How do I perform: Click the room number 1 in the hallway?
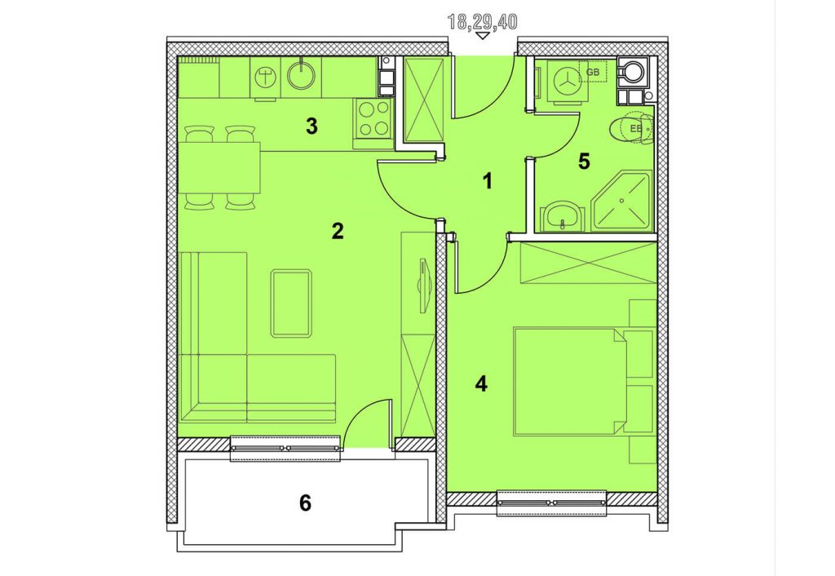click(487, 182)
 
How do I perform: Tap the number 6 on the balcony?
click(305, 503)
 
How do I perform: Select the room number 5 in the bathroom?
click(584, 162)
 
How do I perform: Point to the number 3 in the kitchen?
click(311, 126)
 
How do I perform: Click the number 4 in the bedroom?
click(481, 383)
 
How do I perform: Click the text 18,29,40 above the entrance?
click(483, 22)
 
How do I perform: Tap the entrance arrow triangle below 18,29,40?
click(483, 36)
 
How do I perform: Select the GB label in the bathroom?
click(593, 72)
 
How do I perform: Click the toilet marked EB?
click(631, 128)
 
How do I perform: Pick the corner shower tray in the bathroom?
click(621, 201)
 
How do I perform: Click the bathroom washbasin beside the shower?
click(562, 216)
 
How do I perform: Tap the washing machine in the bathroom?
click(566, 82)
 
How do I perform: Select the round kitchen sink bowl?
click(302, 74)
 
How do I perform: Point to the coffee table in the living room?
click(291, 304)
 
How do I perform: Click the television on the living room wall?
click(423, 285)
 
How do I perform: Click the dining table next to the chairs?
click(219, 167)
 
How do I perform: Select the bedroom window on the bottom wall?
click(551, 503)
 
